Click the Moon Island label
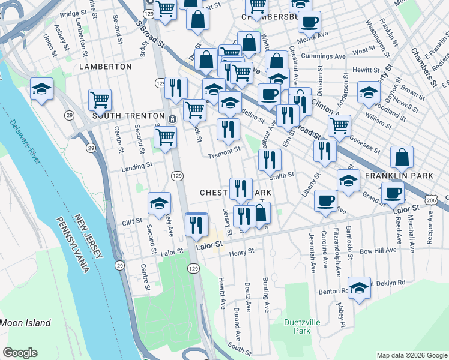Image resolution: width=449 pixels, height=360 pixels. point(25,323)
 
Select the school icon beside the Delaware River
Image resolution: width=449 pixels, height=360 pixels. point(42,89)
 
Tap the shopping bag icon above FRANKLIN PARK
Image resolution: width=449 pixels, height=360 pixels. point(402,157)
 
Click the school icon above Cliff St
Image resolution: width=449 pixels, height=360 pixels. point(160,203)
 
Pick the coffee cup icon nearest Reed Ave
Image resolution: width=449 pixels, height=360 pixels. point(393,193)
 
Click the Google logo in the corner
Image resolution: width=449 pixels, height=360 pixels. point(20,353)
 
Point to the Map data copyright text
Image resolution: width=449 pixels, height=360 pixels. point(411,355)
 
